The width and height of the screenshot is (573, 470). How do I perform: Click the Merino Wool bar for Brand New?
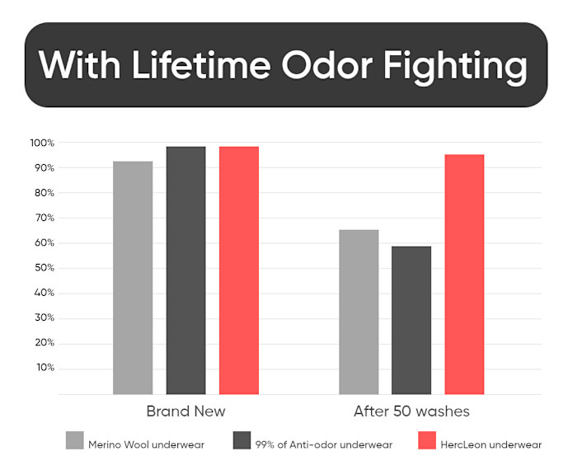(133, 278)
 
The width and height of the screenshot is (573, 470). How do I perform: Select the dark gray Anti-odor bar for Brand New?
(186, 270)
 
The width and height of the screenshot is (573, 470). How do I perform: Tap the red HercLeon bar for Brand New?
(239, 270)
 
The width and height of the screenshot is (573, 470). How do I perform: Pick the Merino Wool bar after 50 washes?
(359, 313)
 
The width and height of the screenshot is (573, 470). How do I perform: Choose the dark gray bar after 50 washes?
(411, 321)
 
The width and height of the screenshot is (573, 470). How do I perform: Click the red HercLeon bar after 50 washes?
(464, 275)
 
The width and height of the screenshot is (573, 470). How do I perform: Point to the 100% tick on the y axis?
(42, 143)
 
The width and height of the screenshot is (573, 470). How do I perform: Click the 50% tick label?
(45, 268)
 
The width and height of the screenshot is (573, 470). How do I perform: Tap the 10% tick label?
(45, 368)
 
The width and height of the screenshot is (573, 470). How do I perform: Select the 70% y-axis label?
(45, 218)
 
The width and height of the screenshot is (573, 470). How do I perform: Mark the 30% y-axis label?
(45, 317)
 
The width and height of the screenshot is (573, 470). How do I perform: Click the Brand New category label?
(186, 411)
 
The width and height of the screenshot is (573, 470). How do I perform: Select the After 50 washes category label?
(411, 411)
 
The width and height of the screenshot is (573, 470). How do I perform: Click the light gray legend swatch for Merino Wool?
(75, 440)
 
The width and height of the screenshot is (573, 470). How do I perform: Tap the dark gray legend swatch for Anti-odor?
(242, 440)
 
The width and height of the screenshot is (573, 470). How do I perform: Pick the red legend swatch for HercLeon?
(427, 440)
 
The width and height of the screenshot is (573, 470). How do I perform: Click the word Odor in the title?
(327, 65)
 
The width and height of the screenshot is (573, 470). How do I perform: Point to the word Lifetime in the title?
(201, 64)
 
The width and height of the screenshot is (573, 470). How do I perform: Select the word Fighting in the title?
(455, 68)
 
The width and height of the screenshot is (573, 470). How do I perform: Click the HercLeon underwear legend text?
(491, 444)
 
